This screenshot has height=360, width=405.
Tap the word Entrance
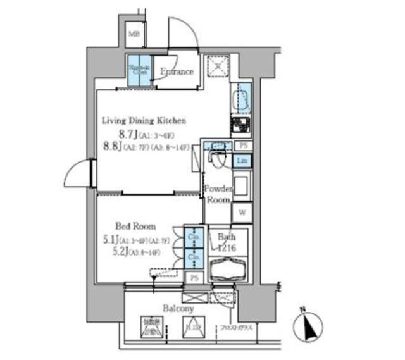click(x=177, y=71)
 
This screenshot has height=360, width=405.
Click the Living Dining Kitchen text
click(x=144, y=120)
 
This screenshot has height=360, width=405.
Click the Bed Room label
click(x=135, y=226)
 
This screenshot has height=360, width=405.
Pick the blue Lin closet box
click(x=242, y=161)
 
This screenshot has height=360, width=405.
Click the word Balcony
click(x=178, y=309)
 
